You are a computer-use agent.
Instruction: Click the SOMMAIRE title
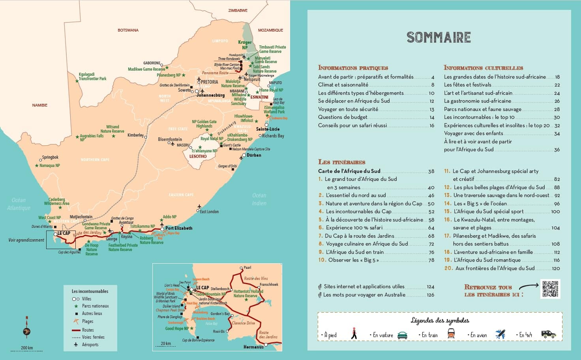pyautogui.click(x=439, y=37)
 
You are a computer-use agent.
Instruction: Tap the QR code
pyautogui.click(x=550, y=289)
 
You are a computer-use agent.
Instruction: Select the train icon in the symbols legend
pyautogui.click(x=451, y=334)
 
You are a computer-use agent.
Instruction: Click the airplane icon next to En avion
pyautogui.click(x=500, y=334)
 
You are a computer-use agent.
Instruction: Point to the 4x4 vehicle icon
pyautogui.click(x=548, y=334)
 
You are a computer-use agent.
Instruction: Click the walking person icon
pyautogui.click(x=354, y=334)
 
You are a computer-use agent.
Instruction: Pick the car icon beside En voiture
pyautogui.click(x=402, y=335)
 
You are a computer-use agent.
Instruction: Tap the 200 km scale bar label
pyautogui.click(x=27, y=348)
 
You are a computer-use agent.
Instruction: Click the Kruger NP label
pyautogui.click(x=245, y=45)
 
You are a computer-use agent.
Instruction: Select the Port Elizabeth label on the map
pyautogui.click(x=179, y=228)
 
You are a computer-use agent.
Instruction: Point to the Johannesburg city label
pyautogui.click(x=211, y=95)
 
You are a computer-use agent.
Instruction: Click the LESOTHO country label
pyautogui.click(x=198, y=156)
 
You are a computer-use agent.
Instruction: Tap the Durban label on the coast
pyautogui.click(x=254, y=155)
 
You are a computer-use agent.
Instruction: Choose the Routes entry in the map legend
pyautogui.click(x=88, y=330)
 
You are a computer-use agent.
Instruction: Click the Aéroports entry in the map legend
pyautogui.click(x=90, y=345)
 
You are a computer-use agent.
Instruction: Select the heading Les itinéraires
pyautogui.click(x=341, y=162)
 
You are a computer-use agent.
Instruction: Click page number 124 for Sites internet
pyautogui.click(x=430, y=287)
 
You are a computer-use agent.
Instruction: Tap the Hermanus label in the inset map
pyautogui.click(x=253, y=347)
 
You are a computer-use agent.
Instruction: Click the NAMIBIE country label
pyautogui.click(x=40, y=105)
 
